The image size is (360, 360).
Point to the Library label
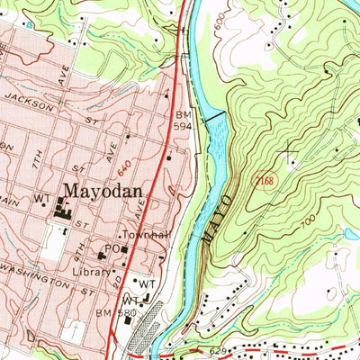(x=89, y=270)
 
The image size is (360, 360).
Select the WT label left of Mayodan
(x=41, y=198)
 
